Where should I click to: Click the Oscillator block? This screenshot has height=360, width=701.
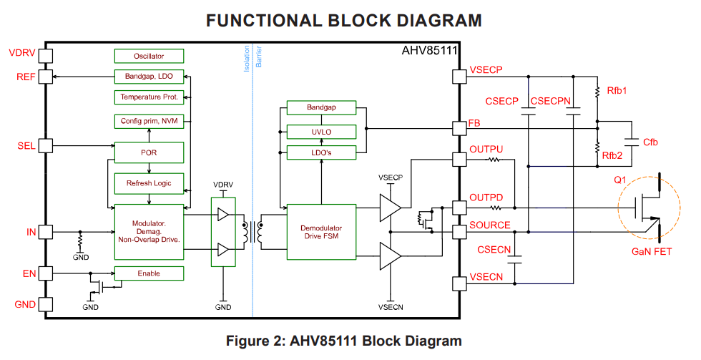pyautogui.click(x=149, y=56)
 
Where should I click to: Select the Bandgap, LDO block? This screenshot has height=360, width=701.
pyautogui.click(x=149, y=76)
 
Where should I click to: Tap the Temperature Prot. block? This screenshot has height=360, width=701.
pyautogui.click(x=149, y=97)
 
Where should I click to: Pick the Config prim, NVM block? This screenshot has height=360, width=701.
pyautogui.click(x=149, y=121)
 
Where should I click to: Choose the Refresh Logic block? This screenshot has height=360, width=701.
pyautogui.click(x=149, y=183)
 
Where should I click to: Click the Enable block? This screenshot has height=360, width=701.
pyautogui.click(x=149, y=273)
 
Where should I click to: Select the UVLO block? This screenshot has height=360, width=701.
pyautogui.click(x=321, y=132)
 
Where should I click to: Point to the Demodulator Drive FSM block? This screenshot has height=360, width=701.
pyautogui.click(x=321, y=231)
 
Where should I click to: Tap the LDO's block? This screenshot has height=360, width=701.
pyautogui.click(x=321, y=152)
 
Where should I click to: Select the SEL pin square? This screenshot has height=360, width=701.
pyautogui.click(x=46, y=145)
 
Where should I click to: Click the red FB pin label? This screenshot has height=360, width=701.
pyautogui.click(x=474, y=122)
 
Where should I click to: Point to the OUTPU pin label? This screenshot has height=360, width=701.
pyautogui.click(x=486, y=150)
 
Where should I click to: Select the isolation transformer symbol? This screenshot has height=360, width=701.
pyautogui.click(x=253, y=231)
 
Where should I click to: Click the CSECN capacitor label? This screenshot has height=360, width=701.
pyautogui.click(x=494, y=249)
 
